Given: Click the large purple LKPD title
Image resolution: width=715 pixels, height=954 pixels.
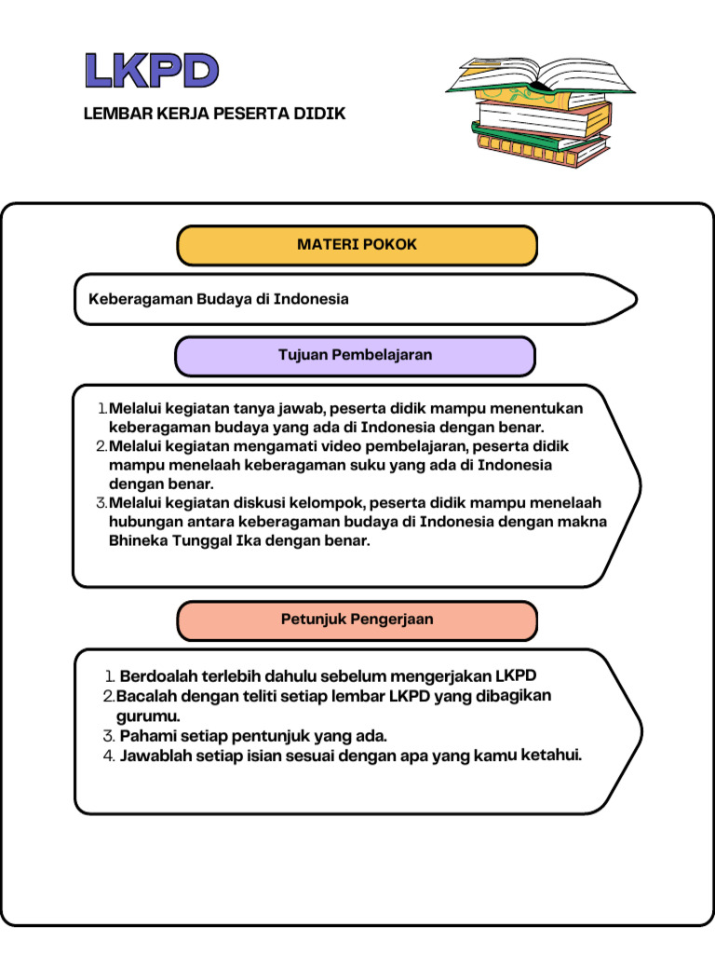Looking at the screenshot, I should click(152, 71).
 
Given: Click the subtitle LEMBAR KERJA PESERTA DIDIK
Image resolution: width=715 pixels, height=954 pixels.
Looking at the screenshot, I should click(214, 114).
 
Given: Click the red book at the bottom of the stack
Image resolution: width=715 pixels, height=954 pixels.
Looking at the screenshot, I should click(540, 149).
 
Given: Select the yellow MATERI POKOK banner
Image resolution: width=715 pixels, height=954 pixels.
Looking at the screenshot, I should click(357, 245).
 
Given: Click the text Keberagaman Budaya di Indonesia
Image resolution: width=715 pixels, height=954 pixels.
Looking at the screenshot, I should click(218, 299).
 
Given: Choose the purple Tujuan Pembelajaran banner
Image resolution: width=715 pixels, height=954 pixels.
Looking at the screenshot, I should click(355, 355).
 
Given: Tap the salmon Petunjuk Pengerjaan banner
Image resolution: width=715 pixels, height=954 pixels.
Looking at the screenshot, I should click(357, 620).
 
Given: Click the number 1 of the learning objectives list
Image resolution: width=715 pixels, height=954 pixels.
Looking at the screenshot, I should click(101, 408).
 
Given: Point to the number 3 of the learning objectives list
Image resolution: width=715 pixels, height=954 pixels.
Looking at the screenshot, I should click(101, 503).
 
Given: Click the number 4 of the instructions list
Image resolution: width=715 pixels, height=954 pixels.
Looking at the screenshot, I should click(108, 756).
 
